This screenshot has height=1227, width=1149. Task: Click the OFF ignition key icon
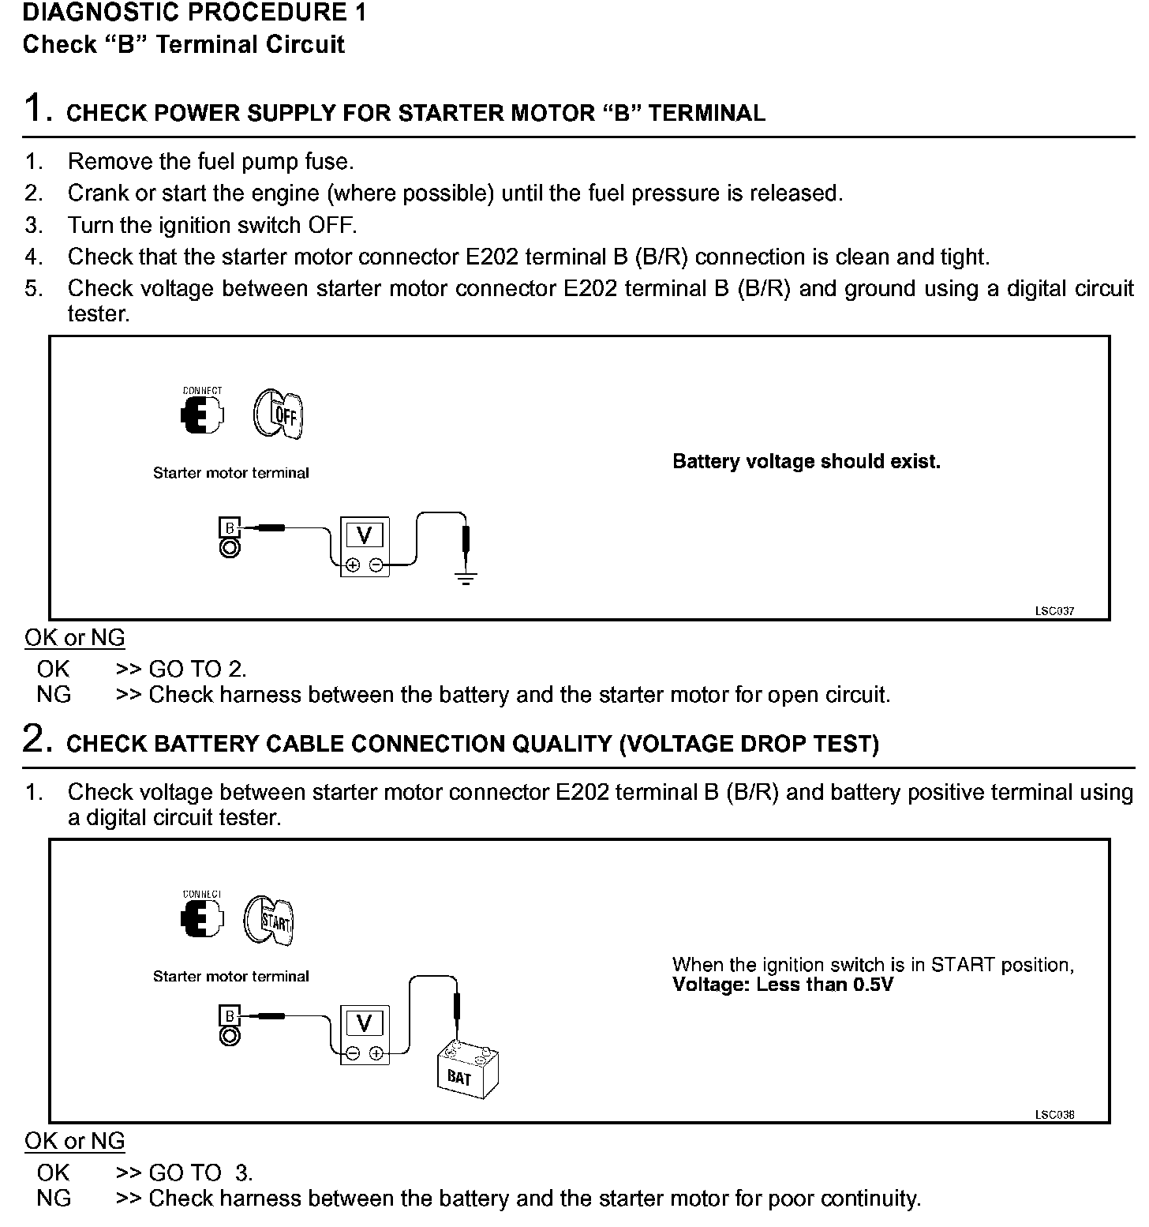pyautogui.click(x=279, y=414)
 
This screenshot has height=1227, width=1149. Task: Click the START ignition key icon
pyautogui.click(x=270, y=919)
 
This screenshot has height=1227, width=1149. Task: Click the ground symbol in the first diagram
pyautogui.click(x=466, y=579)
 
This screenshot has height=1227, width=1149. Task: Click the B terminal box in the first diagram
pyautogui.click(x=230, y=527)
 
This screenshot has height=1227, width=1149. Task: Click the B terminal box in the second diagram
pyautogui.click(x=230, y=1015)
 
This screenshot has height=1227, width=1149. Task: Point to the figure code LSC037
pyautogui.click(x=1054, y=611)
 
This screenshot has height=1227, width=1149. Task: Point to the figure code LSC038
pyautogui.click(x=1054, y=1115)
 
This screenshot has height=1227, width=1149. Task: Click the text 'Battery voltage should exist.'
pyautogui.click(x=806, y=462)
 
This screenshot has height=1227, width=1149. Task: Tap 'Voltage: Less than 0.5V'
pyautogui.click(x=782, y=985)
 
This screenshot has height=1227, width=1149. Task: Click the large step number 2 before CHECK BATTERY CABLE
pyautogui.click(x=36, y=739)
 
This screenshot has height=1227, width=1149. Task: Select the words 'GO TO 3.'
pyautogui.click(x=200, y=1173)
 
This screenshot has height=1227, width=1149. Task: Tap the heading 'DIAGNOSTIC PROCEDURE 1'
pyautogui.click(x=194, y=13)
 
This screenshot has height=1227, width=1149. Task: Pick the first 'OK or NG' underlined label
pyautogui.click(x=75, y=638)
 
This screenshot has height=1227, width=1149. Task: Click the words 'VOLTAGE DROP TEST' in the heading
pyautogui.click(x=749, y=745)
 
